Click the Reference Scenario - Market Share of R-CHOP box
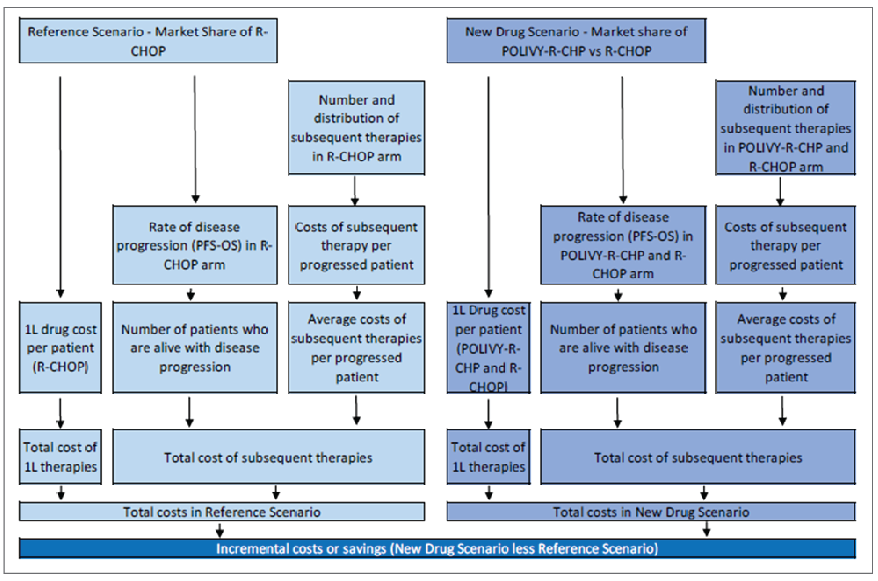pyautogui.click(x=148, y=41)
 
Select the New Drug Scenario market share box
pyautogui.click(x=576, y=41)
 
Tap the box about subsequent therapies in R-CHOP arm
pyautogui.click(x=356, y=128)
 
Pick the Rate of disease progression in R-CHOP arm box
pyautogui.click(x=195, y=245)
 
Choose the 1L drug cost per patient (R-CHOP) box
pyautogui.click(x=60, y=348)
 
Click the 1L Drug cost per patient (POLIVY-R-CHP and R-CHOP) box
pyautogui.click(x=488, y=348)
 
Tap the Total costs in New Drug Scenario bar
pyautogui.click(x=651, y=512)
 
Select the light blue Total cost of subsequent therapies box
pyautogui.click(x=268, y=457)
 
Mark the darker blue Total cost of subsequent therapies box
pyautogui.click(x=698, y=457)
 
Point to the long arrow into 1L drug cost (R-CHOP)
pyautogui.click(x=60, y=185)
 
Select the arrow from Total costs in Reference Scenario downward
pyautogui.click(x=220, y=530)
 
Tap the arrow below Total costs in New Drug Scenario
pyautogui.click(x=706, y=529)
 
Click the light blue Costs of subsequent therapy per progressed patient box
pyautogui.click(x=356, y=245)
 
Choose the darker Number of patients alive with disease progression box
pyautogui.click(x=623, y=348)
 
